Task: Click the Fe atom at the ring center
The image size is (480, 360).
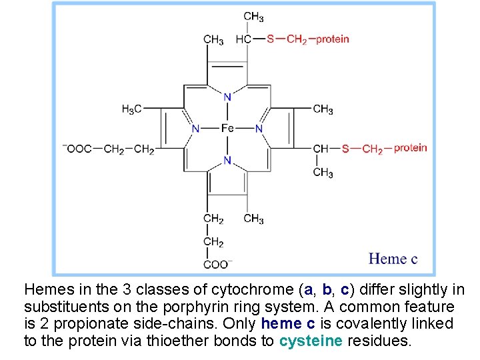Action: (x=227, y=128)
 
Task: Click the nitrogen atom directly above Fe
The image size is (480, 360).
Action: (x=227, y=97)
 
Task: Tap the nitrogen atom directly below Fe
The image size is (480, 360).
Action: (x=227, y=160)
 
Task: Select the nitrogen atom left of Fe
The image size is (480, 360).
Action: (x=196, y=128)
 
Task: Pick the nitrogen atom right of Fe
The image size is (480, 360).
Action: (x=259, y=128)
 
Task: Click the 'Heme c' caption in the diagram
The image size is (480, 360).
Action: (x=393, y=259)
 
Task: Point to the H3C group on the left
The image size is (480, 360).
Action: (x=131, y=109)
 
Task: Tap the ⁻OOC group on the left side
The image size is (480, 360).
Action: (x=77, y=149)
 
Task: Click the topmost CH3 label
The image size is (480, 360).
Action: (x=253, y=17)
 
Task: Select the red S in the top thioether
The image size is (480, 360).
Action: (x=271, y=39)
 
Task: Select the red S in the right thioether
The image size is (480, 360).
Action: (x=345, y=148)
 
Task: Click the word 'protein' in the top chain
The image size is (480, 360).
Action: (x=332, y=39)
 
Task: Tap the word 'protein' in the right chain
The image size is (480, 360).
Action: (x=410, y=147)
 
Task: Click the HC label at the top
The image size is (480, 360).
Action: (x=243, y=39)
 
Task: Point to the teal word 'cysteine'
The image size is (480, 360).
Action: (x=311, y=341)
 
